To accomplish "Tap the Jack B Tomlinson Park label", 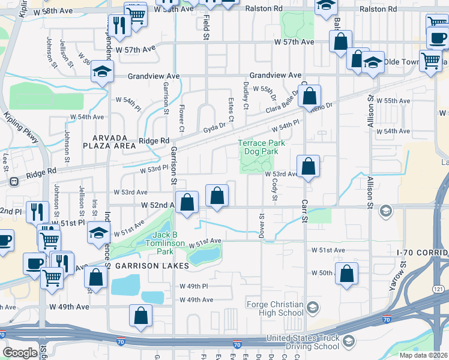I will point(164,239).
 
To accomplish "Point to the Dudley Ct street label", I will point(246,95).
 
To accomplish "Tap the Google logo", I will point(20,353).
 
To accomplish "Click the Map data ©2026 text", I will point(423,355).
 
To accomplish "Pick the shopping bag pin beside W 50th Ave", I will point(347,274).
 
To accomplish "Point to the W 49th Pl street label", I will point(194,286).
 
